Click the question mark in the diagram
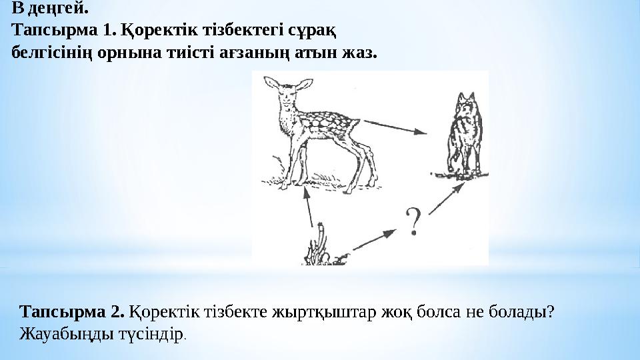(414, 222)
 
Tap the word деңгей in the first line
(58, 9)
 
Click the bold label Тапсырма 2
(73, 312)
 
